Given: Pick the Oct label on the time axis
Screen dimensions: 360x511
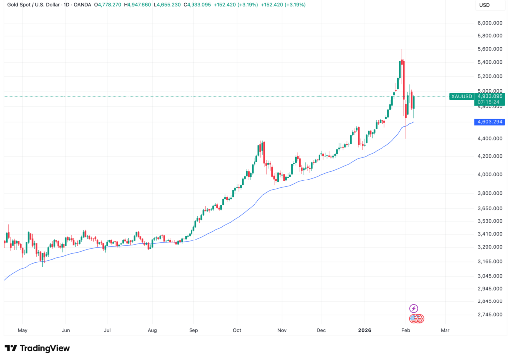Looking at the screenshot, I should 237,330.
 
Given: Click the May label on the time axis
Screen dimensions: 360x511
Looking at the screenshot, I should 22,330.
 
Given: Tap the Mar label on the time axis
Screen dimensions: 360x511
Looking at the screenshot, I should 445,330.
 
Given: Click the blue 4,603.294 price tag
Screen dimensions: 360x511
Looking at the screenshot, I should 490,122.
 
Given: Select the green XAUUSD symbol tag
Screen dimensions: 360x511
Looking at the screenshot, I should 461,96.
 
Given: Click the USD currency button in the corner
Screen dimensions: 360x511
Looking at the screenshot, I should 485,5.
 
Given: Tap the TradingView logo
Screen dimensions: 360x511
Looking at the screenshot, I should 37,348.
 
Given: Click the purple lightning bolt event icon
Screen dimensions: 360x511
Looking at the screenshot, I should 414,308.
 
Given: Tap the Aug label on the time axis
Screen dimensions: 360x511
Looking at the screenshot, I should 152,330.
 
